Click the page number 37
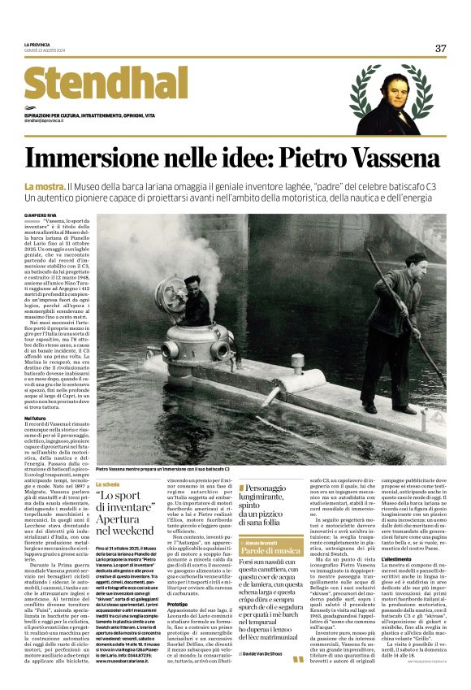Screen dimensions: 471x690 click(440, 48)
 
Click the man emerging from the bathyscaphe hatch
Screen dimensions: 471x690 click(196, 298)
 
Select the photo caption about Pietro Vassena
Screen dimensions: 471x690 click(162, 469)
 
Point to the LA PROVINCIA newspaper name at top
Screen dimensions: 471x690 click(37, 44)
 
